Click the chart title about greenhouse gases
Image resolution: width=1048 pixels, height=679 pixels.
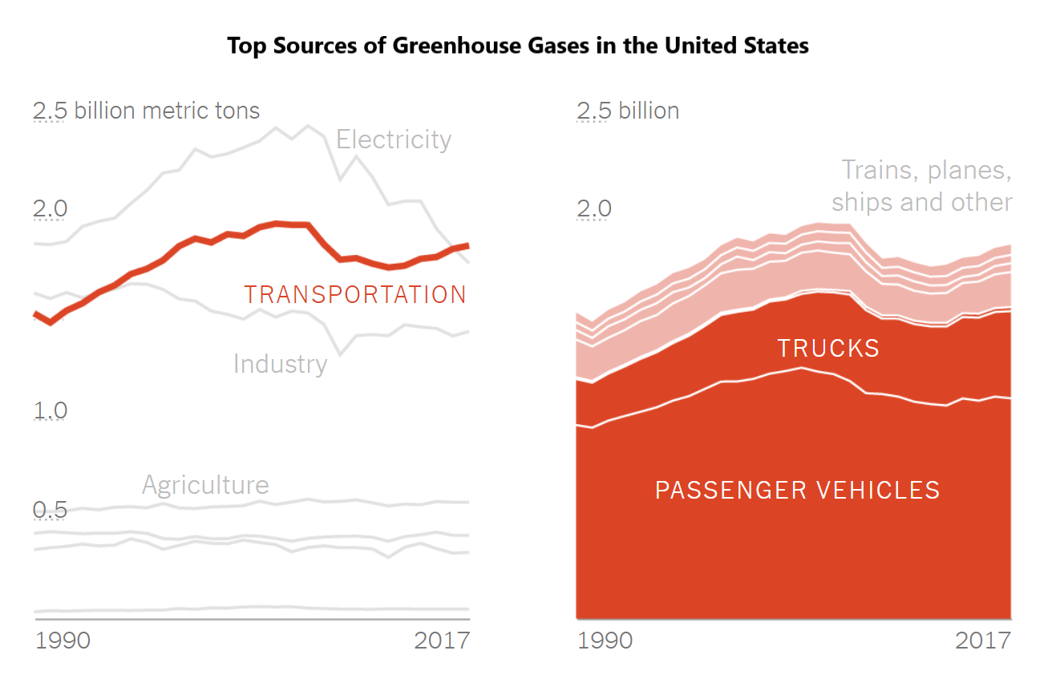pos(517,46)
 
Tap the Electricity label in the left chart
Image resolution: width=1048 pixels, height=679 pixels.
pos(394,139)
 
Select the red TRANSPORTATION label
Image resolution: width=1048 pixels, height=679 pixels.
pos(355,295)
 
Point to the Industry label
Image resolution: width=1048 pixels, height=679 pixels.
pos(280,364)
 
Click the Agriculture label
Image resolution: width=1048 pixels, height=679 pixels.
pos(205,485)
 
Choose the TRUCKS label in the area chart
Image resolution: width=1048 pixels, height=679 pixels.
pos(828,348)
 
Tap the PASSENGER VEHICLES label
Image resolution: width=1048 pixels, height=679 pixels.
pos(797,490)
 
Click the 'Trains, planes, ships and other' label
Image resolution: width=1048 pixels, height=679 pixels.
pos(922,186)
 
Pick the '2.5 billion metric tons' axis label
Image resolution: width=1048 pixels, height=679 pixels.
pos(147,111)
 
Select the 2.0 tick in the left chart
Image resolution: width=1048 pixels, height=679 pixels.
pos(50,210)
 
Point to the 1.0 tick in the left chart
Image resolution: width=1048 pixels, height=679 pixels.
pos(50,411)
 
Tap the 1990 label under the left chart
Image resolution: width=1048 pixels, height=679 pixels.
pos(63,641)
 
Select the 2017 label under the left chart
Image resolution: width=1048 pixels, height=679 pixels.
pos(442,641)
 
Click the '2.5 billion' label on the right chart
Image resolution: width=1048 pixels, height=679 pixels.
pos(628,111)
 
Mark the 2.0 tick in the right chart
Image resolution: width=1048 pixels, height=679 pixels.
pos(594,210)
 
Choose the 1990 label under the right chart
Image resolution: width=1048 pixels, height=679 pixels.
pos(605,641)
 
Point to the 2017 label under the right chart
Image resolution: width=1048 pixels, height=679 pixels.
pos(983,641)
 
